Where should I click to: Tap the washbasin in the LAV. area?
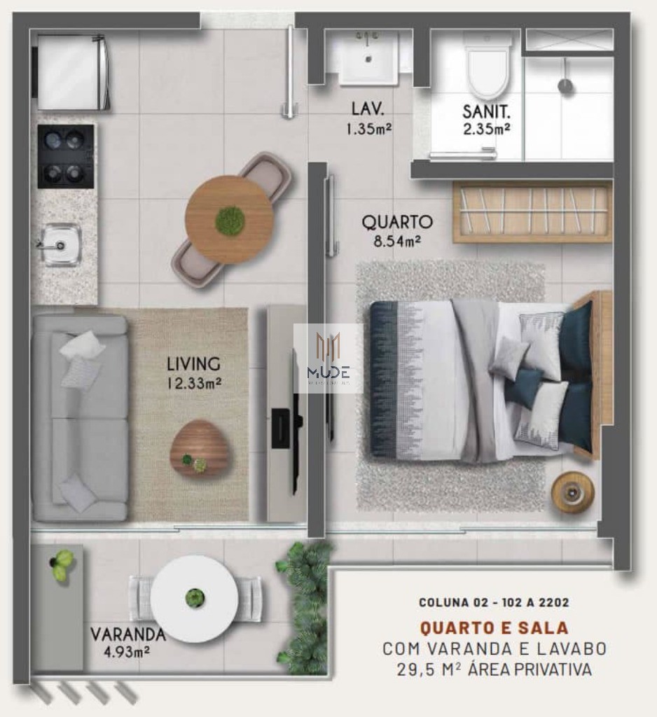pyautogui.click(x=368, y=59)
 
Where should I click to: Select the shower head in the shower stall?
pyautogui.click(x=565, y=85)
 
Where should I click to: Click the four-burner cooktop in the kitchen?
pyautogui.click(x=66, y=156)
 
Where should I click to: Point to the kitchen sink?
pyautogui.click(x=60, y=245)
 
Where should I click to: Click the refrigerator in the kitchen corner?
pyautogui.click(x=72, y=72)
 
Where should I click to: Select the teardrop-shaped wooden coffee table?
pyautogui.click(x=200, y=448)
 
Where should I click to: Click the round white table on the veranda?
pyautogui.click(x=193, y=599)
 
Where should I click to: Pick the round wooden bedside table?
pyautogui.click(x=572, y=492)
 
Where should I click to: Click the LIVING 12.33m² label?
pyautogui.click(x=193, y=373)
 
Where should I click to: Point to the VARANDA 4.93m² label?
pyautogui.click(x=127, y=642)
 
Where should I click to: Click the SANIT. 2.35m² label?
pyautogui.click(x=485, y=119)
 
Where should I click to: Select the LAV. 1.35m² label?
pyautogui.click(x=368, y=118)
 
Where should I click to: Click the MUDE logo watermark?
pyautogui.click(x=328, y=358)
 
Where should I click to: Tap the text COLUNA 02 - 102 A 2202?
pyautogui.click(x=493, y=601)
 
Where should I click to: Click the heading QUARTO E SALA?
pyautogui.click(x=493, y=627)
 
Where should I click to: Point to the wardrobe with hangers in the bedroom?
pyautogui.click(x=532, y=211)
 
